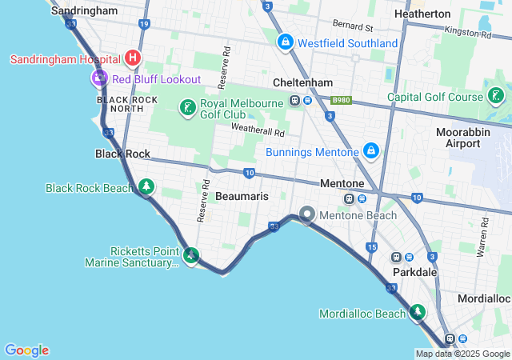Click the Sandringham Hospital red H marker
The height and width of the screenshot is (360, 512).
pyautogui.click(x=133, y=58)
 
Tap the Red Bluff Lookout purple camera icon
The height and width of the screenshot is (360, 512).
pyautogui.click(x=100, y=78)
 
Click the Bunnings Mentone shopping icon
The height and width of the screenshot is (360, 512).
pyautogui.click(x=370, y=150)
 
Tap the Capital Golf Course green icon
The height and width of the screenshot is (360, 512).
pyautogui.click(x=496, y=96)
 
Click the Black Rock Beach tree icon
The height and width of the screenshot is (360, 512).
pyautogui.click(x=146, y=187)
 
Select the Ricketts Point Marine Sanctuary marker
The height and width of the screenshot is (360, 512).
pyautogui.click(x=191, y=256)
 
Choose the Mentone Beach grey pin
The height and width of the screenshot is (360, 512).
pyautogui.click(x=307, y=214)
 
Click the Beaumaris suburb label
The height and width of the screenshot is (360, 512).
pyautogui.click(x=242, y=196)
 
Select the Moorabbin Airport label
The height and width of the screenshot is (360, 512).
pyautogui.click(x=458, y=138)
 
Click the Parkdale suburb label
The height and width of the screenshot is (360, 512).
pyautogui.click(x=414, y=272)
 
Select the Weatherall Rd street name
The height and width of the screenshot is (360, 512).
pyautogui.click(x=258, y=130)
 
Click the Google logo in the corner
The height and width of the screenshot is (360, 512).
pyautogui.click(x=26, y=350)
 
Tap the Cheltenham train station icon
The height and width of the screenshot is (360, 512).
pyautogui.click(x=295, y=100)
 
